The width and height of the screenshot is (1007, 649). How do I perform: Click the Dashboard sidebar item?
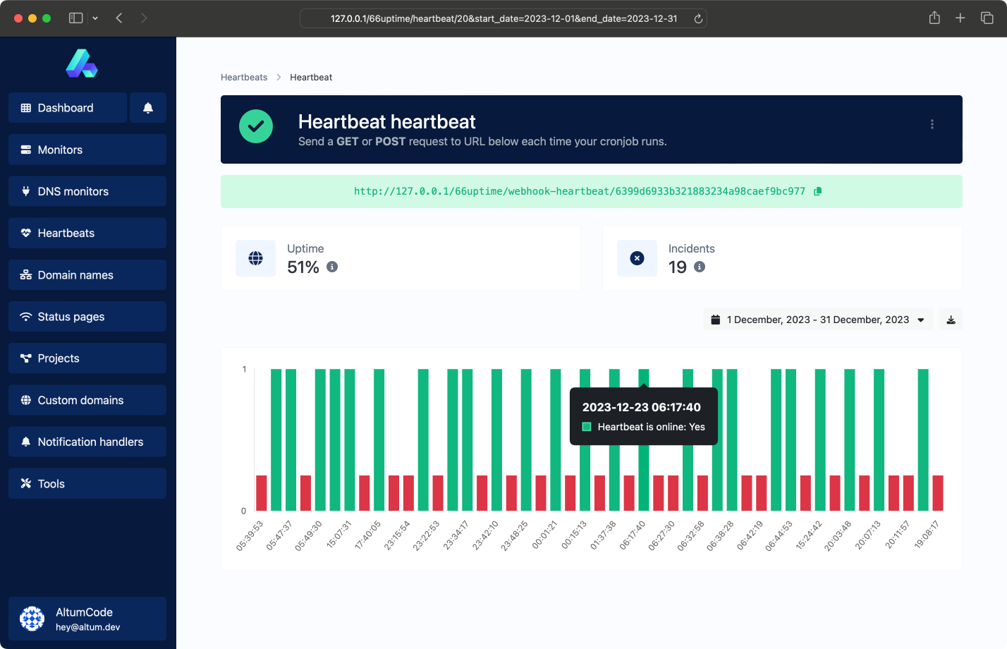pyautogui.click(x=68, y=108)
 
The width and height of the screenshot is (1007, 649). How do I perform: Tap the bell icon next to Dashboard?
pyautogui.click(x=148, y=108)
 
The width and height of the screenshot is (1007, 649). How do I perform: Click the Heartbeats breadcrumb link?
pyautogui.click(x=244, y=78)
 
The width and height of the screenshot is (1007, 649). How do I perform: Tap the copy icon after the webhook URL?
pyautogui.click(x=817, y=191)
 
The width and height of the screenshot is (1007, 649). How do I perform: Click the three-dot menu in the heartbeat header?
pyautogui.click(x=932, y=124)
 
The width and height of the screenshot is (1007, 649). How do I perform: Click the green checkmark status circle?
pyautogui.click(x=256, y=126)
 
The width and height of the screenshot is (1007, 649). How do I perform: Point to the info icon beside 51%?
pyautogui.click(x=332, y=267)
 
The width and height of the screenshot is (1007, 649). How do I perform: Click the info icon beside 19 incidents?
pyautogui.click(x=700, y=267)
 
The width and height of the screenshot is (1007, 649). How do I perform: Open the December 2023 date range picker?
pyautogui.click(x=818, y=320)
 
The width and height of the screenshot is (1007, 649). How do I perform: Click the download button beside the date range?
pyautogui.click(x=951, y=320)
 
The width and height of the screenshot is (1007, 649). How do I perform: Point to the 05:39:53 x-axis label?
pyautogui.click(x=250, y=535)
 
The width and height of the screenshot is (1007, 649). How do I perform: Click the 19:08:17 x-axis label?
pyautogui.click(x=927, y=535)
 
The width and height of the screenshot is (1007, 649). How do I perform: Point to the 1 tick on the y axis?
pyautogui.click(x=244, y=369)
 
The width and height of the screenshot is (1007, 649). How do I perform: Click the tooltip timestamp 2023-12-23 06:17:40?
pyautogui.click(x=641, y=407)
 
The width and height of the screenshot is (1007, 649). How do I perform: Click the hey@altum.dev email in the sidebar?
pyautogui.click(x=88, y=627)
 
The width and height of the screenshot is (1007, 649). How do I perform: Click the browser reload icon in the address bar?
pyautogui.click(x=698, y=18)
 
